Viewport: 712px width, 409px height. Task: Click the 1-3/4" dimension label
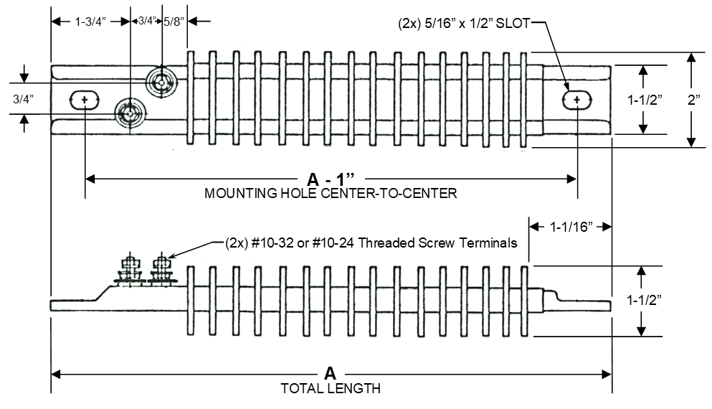click(90, 22)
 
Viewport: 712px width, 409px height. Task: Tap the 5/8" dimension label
click(173, 22)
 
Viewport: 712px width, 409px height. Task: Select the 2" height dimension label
click(694, 100)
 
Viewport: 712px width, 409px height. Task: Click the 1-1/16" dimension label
click(570, 227)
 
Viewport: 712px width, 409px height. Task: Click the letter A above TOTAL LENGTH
click(330, 373)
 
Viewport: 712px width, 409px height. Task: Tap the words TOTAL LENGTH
click(331, 389)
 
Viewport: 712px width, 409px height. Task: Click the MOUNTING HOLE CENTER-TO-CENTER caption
click(331, 193)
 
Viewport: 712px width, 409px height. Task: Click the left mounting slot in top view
click(85, 99)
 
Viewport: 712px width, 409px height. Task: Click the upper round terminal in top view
click(161, 82)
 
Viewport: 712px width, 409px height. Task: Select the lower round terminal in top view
click(130, 113)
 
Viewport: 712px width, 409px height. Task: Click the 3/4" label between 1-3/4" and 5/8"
click(146, 22)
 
